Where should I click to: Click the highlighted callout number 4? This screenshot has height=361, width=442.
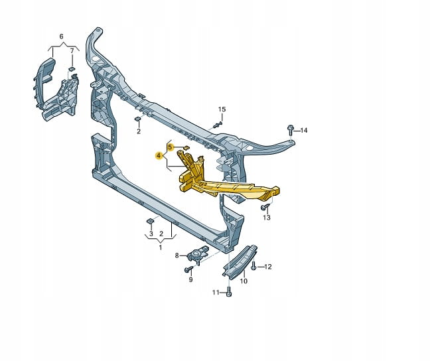[159, 155]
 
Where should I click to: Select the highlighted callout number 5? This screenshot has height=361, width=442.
[170, 147]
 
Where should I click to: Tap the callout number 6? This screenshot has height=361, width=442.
[62, 36]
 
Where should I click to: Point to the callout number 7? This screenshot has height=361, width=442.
[72, 51]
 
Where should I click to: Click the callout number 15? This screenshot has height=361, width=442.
[222, 109]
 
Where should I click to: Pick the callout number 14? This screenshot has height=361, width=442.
[303, 130]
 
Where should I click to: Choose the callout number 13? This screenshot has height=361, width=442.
[267, 218]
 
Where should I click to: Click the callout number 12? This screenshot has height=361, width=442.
[268, 267]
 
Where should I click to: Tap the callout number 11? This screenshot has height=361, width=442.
[216, 293]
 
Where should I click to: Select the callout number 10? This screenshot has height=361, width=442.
[244, 281]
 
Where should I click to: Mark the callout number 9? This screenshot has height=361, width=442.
[191, 280]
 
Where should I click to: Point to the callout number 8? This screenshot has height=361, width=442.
[177, 255]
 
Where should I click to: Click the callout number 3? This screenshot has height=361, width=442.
[151, 234]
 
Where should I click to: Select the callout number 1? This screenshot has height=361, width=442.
[161, 248]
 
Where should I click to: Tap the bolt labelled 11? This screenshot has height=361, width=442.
[229, 292]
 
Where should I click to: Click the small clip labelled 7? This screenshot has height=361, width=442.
[71, 69]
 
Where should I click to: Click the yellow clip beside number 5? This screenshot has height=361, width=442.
[186, 147]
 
